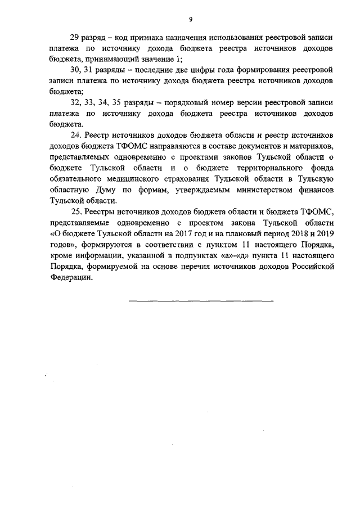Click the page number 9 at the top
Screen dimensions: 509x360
(191, 19)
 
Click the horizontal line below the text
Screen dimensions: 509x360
(201, 302)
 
